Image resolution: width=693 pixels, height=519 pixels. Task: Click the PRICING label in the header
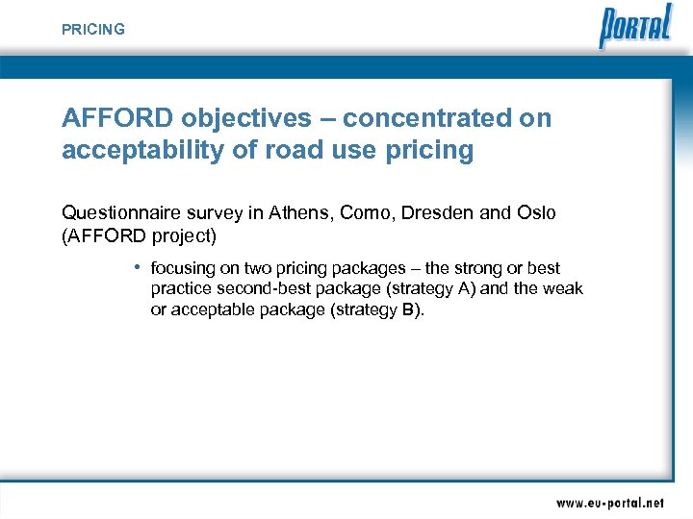tap(93, 30)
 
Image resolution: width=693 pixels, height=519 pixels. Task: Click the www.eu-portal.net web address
tap(609, 503)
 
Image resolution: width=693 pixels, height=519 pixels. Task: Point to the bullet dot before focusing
tap(139, 267)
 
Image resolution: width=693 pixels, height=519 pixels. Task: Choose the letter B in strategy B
tap(406, 310)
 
